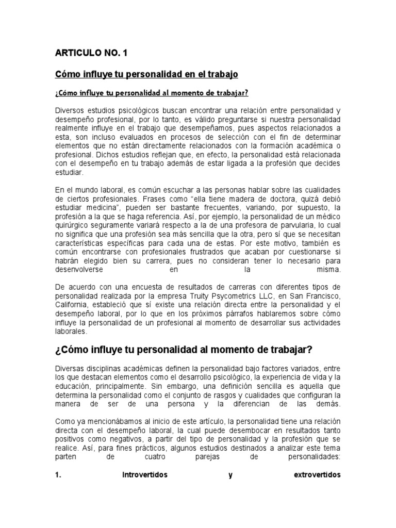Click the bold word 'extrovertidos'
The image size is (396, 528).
point(316,475)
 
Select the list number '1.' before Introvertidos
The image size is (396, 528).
point(58,475)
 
